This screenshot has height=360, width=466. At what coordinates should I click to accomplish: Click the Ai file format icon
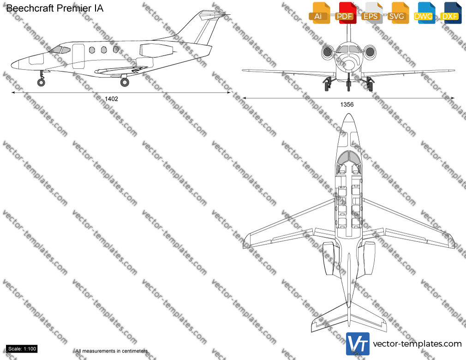(x=319, y=13)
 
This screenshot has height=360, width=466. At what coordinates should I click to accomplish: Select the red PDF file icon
(x=346, y=13)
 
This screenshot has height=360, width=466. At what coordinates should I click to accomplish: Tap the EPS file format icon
(x=372, y=13)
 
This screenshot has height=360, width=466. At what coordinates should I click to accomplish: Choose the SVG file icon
(x=398, y=13)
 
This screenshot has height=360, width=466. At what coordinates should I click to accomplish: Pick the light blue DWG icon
(x=424, y=13)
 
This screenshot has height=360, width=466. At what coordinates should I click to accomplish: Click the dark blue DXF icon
(x=451, y=13)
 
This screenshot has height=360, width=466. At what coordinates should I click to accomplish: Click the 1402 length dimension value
(x=112, y=99)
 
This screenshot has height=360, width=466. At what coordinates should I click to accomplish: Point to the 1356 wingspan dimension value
(x=347, y=104)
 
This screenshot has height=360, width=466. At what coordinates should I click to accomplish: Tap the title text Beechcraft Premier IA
(x=55, y=8)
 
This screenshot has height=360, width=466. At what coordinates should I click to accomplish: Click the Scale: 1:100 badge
(x=22, y=349)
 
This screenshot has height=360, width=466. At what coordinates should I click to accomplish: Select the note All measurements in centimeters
(x=112, y=351)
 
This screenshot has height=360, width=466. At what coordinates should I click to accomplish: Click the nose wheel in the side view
(x=41, y=82)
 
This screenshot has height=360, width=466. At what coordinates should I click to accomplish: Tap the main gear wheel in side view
(x=125, y=82)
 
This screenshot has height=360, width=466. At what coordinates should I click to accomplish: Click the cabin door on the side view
(x=78, y=56)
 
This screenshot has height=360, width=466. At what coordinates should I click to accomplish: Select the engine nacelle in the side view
(x=156, y=50)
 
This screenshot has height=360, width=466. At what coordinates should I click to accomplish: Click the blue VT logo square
(x=358, y=344)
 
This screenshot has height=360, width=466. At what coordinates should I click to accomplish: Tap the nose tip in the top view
(x=349, y=114)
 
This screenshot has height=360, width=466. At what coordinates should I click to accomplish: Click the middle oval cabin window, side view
(x=104, y=50)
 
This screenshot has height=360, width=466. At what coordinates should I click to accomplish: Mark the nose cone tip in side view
(x=12, y=65)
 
